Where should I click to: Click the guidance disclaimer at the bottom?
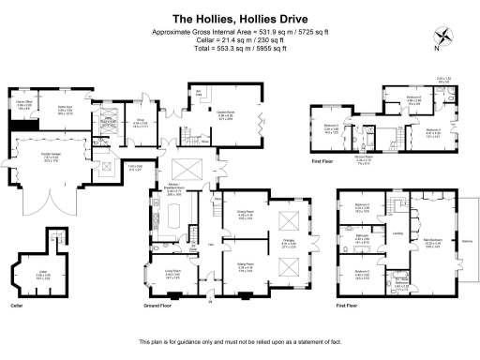coord(239,341)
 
